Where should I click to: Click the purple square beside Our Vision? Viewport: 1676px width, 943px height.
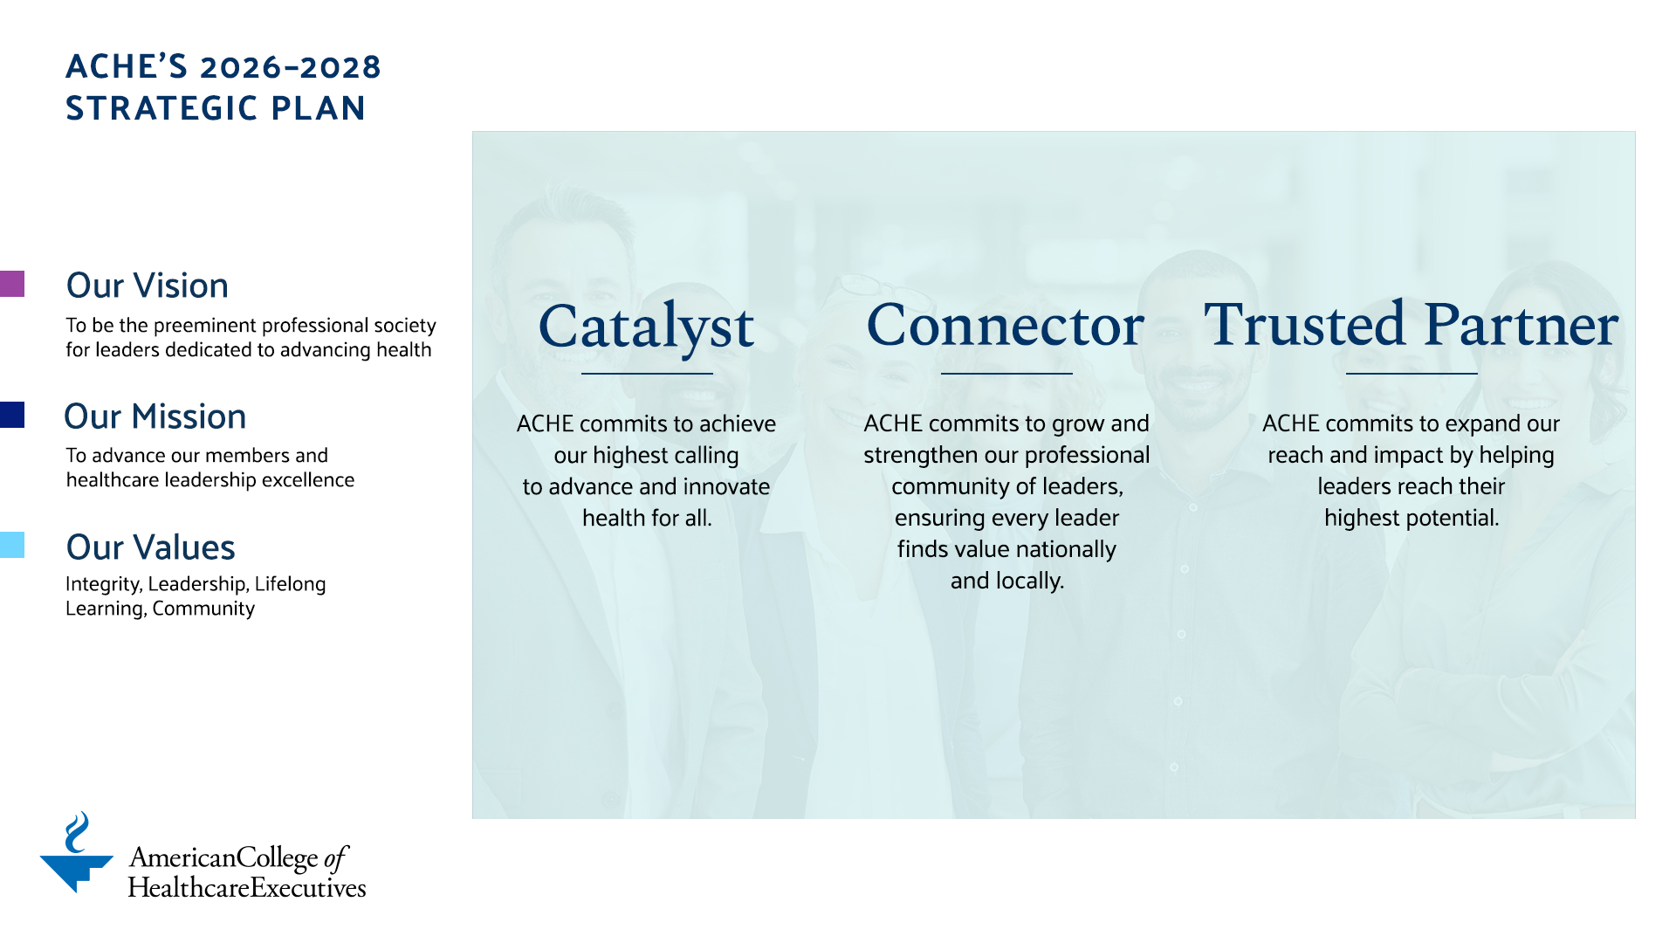(x=12, y=284)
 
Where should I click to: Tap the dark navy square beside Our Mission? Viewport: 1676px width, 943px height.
(x=12, y=415)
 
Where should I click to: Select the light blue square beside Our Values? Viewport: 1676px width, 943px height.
(x=12, y=545)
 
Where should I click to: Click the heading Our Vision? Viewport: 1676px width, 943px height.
(x=148, y=286)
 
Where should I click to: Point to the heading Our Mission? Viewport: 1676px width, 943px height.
(x=155, y=416)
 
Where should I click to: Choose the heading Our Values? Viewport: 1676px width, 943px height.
(x=151, y=547)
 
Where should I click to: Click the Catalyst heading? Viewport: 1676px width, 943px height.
(x=646, y=327)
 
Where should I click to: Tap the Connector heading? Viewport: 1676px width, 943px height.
(x=1006, y=326)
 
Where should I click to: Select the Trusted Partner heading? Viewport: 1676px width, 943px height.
(x=1411, y=325)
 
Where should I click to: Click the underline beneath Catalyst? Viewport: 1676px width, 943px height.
(x=647, y=374)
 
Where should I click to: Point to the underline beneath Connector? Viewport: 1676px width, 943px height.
(x=1006, y=374)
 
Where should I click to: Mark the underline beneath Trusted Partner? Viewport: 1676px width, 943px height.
(x=1412, y=374)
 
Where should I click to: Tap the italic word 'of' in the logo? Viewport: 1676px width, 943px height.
(x=336, y=858)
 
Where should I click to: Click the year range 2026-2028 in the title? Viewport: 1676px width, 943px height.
(x=290, y=67)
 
